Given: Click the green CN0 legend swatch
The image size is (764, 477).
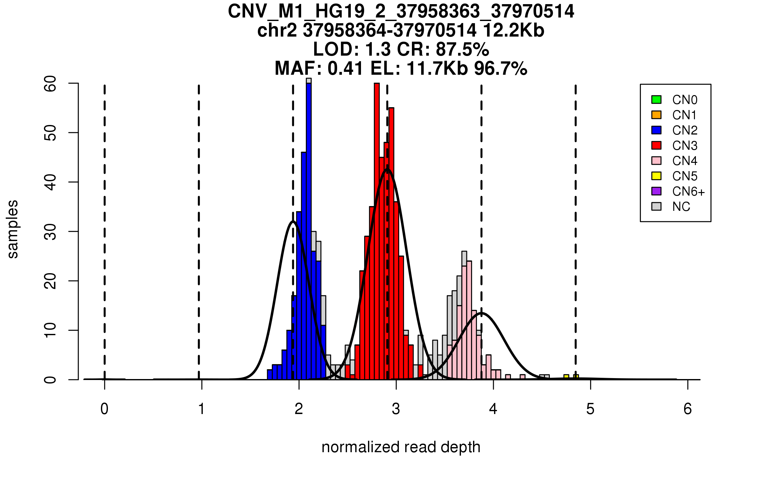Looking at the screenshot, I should click(656, 100).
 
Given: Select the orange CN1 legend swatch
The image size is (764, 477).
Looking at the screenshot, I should click(656, 115).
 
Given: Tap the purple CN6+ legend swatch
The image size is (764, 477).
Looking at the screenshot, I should click(656, 191).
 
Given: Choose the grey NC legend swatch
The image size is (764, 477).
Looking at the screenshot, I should click(656, 206).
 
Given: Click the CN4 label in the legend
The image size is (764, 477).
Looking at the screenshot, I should click(684, 161).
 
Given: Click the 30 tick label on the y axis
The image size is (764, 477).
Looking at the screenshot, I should click(50, 232).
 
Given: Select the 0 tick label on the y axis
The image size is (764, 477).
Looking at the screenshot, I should click(50, 380).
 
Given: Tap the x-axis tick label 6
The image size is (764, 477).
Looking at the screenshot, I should click(688, 409).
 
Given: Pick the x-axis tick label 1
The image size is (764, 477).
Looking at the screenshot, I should click(202, 409).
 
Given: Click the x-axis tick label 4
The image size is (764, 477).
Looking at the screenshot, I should click(493, 409).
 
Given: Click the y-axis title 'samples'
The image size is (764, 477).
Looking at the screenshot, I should click(13, 229).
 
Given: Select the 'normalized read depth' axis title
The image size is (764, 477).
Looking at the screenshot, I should click(401, 447).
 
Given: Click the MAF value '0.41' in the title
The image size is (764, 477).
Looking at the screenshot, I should click(345, 69).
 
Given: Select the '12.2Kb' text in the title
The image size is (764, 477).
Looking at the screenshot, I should click(513, 31).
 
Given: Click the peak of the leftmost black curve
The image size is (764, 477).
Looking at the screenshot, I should click(293, 221).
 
